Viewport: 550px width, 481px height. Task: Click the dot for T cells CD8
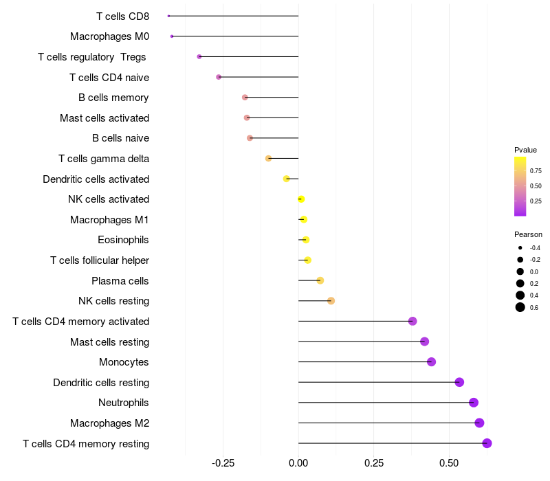click(168, 16)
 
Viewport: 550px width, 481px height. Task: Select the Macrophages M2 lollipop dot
click(479, 423)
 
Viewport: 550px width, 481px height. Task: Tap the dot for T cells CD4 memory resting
click(487, 443)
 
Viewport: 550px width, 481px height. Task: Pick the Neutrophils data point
click(473, 403)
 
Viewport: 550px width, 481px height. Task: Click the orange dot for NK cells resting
click(331, 301)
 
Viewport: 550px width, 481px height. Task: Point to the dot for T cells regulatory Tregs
click(199, 56)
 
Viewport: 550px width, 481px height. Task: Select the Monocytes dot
click(431, 362)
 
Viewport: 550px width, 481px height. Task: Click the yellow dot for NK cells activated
click(301, 199)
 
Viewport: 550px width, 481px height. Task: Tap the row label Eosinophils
click(124, 240)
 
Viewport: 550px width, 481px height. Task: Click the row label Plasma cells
click(120, 280)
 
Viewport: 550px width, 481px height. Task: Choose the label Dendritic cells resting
click(101, 382)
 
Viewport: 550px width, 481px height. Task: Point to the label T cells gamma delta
click(104, 159)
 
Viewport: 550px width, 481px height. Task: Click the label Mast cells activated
click(104, 118)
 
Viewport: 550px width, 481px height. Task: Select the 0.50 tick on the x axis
click(449, 464)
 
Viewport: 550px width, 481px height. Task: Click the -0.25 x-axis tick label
click(221, 464)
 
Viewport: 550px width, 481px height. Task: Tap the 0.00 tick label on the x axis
click(298, 464)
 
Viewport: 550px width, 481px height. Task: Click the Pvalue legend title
click(525, 150)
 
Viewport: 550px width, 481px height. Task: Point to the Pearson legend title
click(528, 234)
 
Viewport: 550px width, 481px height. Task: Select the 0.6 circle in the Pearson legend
click(520, 307)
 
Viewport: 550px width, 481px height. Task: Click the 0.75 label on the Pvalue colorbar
click(536, 171)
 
